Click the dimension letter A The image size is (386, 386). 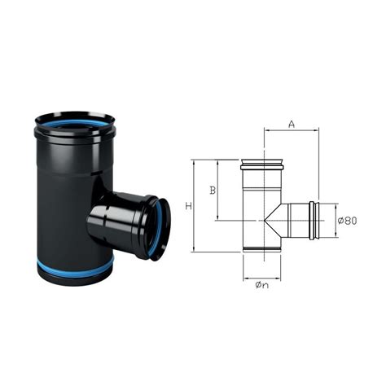point(292,125)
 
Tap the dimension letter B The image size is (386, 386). point(213,191)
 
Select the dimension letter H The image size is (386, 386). point(189,206)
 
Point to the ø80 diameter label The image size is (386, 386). point(347,221)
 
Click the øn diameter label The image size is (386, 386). point(262,285)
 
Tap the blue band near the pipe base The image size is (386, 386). point(74,269)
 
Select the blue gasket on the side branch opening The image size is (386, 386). point(160,229)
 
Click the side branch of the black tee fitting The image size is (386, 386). point(129,222)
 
